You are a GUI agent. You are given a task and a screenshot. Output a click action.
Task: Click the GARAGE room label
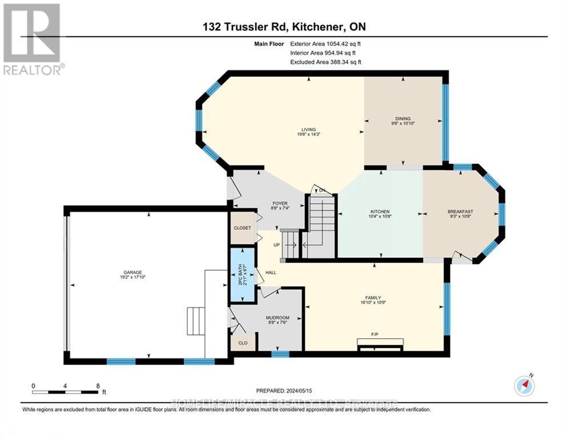(131, 272)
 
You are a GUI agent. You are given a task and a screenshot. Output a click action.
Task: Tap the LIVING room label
(309, 129)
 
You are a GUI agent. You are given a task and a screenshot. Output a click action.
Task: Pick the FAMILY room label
(373, 297)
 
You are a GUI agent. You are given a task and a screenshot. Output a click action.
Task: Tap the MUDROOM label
(278, 318)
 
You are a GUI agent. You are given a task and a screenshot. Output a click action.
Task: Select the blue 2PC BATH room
(242, 274)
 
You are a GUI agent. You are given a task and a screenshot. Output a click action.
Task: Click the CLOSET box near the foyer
(241, 228)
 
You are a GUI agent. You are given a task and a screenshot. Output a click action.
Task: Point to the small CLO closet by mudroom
(243, 343)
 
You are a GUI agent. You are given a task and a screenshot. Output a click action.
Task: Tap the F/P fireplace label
(375, 334)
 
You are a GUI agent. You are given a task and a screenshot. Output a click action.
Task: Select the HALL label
(271, 273)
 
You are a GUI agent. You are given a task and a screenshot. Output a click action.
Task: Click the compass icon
(524, 386)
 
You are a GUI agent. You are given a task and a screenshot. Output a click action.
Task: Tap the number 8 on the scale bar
(98, 386)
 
